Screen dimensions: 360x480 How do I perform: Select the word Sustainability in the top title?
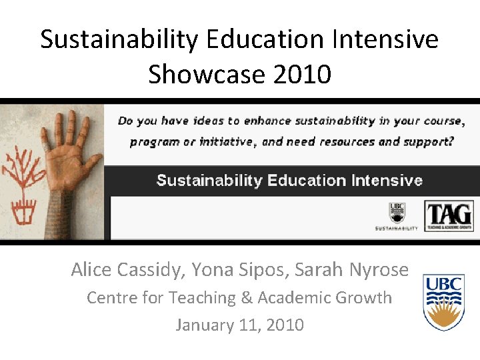click(119, 39)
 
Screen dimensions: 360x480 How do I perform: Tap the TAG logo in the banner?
click(449, 216)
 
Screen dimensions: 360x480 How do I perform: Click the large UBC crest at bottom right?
click(443, 303)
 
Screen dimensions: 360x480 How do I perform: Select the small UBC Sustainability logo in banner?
click(397, 217)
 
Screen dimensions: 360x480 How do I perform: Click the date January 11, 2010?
click(239, 325)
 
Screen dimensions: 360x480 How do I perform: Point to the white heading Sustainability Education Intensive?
click(289, 180)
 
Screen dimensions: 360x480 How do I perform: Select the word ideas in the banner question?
click(209, 121)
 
